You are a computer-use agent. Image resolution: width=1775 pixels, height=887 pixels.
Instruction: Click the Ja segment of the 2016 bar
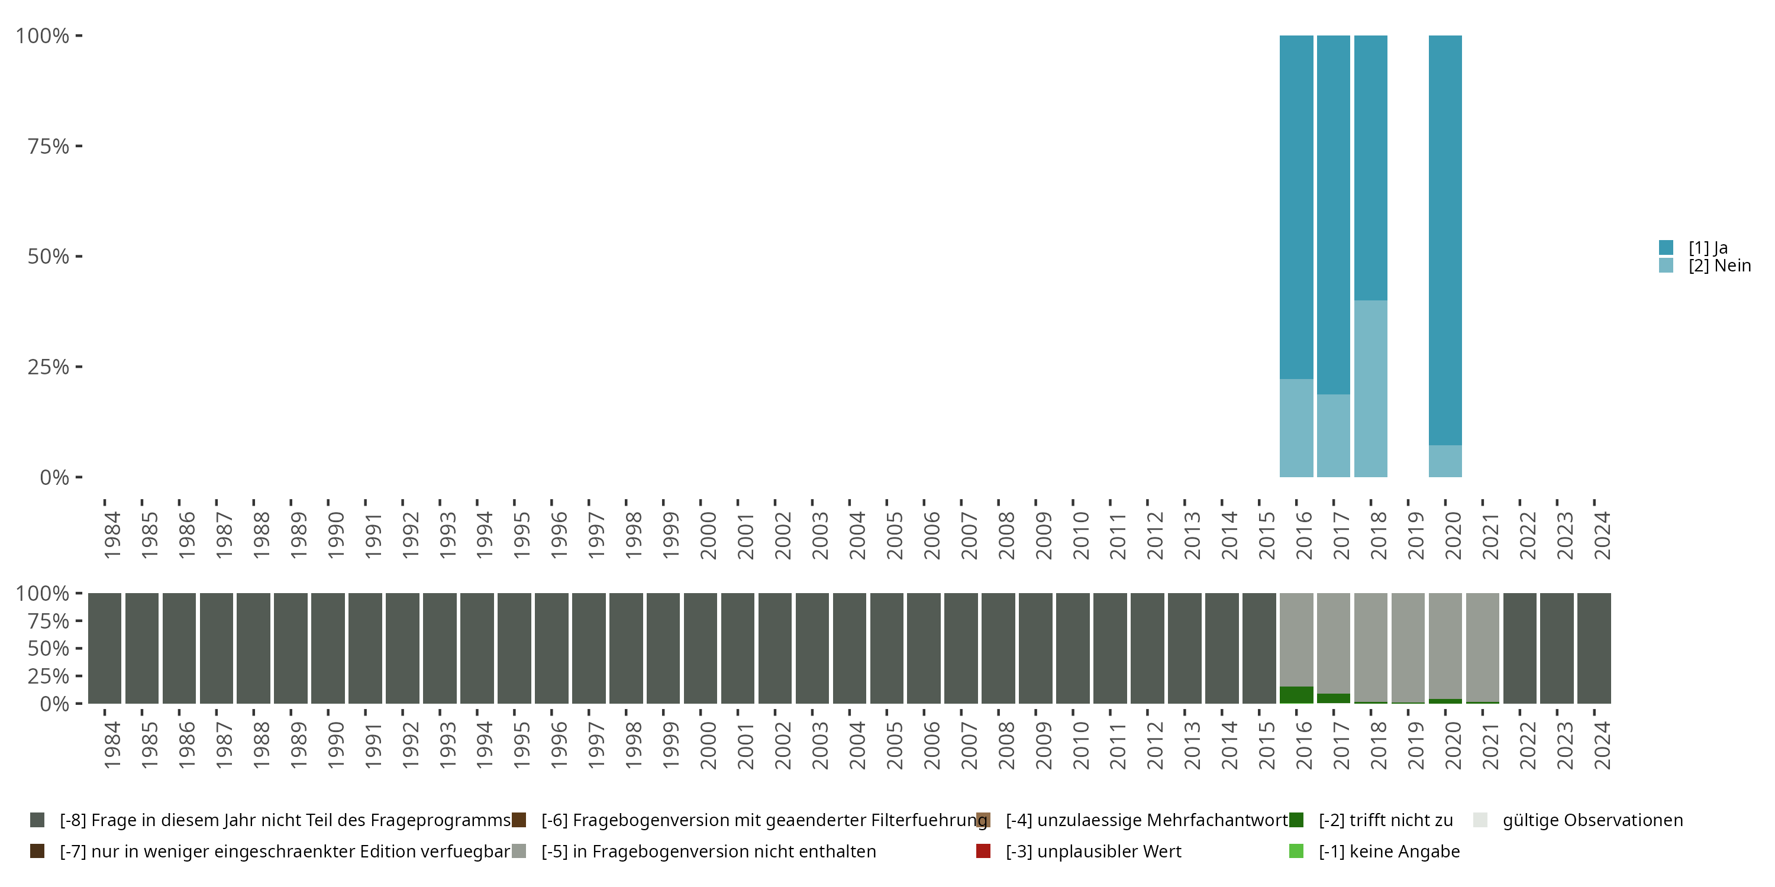coord(1296,206)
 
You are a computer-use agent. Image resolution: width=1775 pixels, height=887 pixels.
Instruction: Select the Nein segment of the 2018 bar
coord(1370,389)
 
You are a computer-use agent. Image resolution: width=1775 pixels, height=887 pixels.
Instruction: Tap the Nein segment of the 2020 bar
coord(1445,461)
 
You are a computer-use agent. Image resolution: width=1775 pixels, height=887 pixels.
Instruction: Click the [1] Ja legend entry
coord(1708,248)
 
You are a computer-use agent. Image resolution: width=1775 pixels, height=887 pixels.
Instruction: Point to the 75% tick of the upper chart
coord(49,146)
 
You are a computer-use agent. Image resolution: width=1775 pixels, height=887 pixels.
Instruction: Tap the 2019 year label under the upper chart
coord(1415,536)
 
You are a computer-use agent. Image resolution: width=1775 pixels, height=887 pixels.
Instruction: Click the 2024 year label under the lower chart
coord(1602,746)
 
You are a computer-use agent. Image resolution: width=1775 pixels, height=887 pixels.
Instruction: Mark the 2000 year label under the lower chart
coord(708,746)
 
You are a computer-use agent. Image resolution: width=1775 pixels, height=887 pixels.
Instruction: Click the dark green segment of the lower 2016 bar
coord(1296,695)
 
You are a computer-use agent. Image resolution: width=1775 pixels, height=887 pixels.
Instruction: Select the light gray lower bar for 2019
coord(1408,648)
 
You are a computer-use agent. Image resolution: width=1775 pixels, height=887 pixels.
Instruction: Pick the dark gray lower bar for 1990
coord(327,648)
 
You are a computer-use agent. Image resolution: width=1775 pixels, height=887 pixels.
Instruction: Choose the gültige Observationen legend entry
coord(1592,820)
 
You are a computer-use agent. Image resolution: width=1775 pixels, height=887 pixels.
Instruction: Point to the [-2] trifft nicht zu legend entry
coord(1385,820)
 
